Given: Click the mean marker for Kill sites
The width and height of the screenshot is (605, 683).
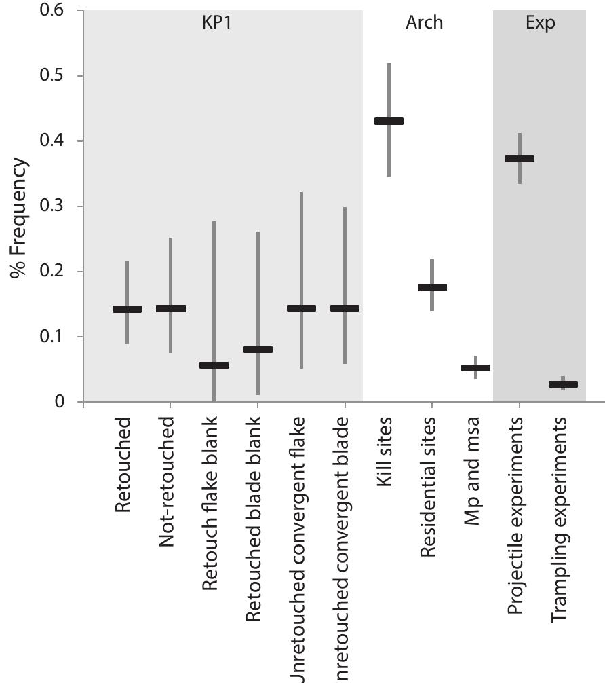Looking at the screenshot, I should pos(389,122).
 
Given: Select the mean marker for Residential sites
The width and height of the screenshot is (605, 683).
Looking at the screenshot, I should pos(432,287).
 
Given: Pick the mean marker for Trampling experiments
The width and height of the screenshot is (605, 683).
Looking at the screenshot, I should pos(563,384).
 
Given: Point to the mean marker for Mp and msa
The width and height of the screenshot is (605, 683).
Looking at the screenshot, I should pos(475,368).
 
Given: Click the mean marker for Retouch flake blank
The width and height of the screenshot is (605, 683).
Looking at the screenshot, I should pos(214,365).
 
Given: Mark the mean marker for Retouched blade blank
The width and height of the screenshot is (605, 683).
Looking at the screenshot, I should pos(258,350).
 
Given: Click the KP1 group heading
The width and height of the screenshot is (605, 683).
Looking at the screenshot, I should pos(216,22).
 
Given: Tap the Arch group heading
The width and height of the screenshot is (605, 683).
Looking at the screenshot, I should pos(424,22).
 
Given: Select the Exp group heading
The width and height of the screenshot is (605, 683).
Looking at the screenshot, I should pos(540,22).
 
